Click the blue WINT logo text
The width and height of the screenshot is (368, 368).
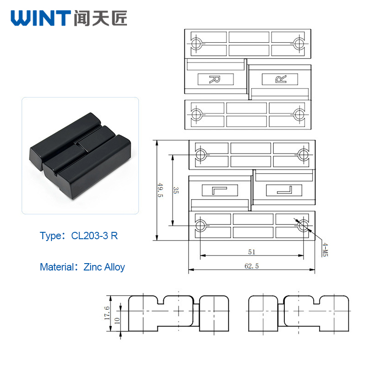40,18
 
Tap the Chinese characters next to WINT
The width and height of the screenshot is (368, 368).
100,18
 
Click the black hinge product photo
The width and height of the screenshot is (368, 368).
80,156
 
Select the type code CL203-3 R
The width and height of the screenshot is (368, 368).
94,236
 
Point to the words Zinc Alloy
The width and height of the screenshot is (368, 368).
104,267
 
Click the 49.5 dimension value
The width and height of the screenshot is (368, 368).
160,190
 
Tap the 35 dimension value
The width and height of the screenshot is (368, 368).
176,190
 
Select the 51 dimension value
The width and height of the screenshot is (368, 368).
252,252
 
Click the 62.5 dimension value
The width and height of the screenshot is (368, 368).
252,266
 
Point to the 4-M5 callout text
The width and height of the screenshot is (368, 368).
325,249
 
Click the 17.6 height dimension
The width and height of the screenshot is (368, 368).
107,313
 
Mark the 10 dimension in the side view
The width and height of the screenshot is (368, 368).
117,321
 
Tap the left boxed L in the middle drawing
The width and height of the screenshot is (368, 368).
219,190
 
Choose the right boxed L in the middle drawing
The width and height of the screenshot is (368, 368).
284,190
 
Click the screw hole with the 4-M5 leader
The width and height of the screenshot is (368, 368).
303,225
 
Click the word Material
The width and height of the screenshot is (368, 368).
57,267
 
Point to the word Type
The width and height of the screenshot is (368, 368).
51,236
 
